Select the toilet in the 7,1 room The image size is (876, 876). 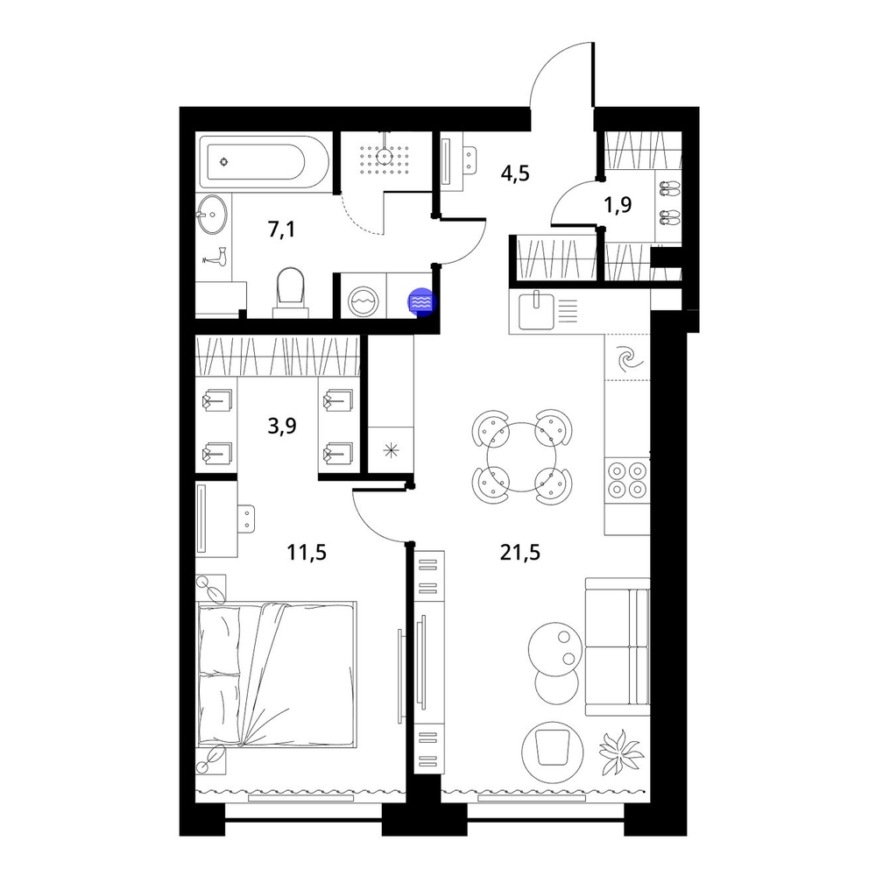click(x=291, y=293)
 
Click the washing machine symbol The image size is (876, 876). click(x=364, y=302)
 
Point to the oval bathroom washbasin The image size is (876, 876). click(x=212, y=214)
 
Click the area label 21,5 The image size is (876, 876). click(x=519, y=553)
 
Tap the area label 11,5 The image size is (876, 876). click(x=306, y=553)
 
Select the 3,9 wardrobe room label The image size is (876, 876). click(x=282, y=427)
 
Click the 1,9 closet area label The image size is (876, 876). click(x=618, y=205)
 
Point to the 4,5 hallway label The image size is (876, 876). click(x=515, y=173)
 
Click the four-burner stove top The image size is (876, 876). click(x=627, y=479)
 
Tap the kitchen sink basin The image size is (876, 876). click(x=535, y=311)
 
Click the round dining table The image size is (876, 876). click(x=522, y=456)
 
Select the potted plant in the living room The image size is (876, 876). click(x=621, y=752)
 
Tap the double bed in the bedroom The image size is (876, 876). click(x=277, y=674)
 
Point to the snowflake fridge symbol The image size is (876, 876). click(x=391, y=449)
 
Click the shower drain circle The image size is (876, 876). click(x=385, y=156)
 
